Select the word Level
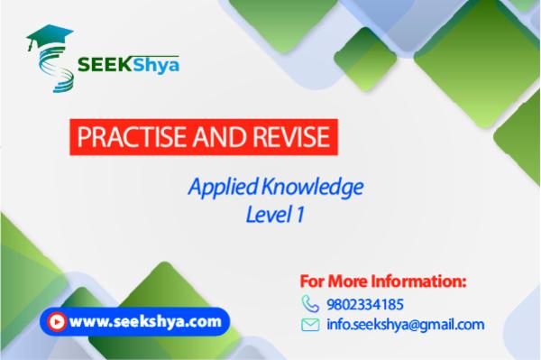coord(264,216)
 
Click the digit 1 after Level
coord(294,216)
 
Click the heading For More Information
coord(382,281)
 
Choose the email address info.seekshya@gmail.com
coord(406,325)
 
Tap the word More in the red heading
coord(353,281)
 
